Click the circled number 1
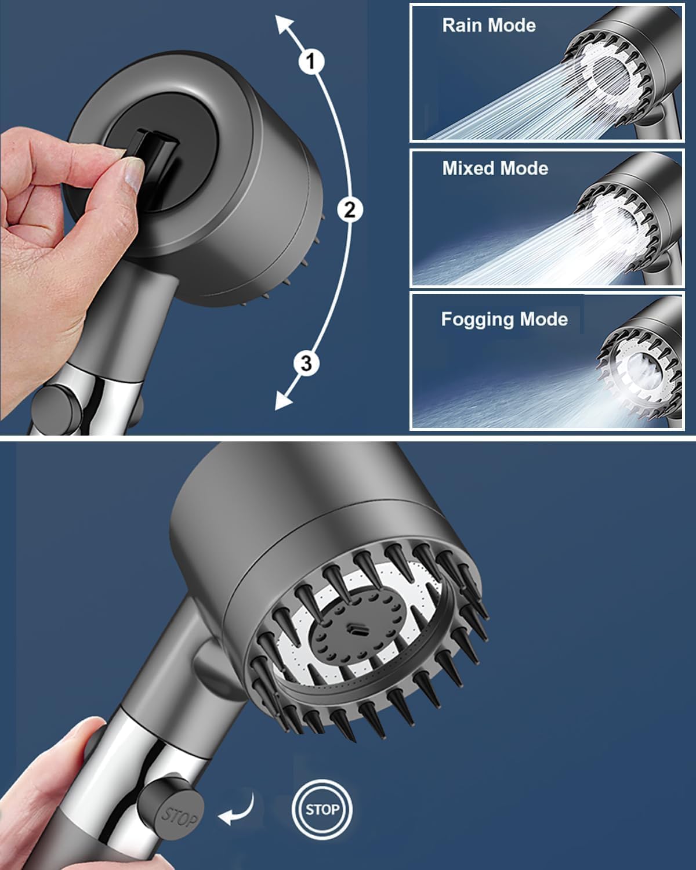[311, 61]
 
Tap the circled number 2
[349, 209]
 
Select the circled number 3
[306, 364]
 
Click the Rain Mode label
[488, 26]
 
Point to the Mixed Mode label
[495, 168]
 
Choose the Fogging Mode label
[504, 319]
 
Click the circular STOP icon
[322, 809]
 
